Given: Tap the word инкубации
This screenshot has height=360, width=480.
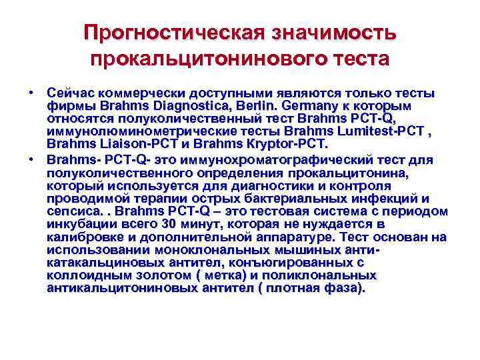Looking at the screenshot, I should (x=78, y=224).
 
